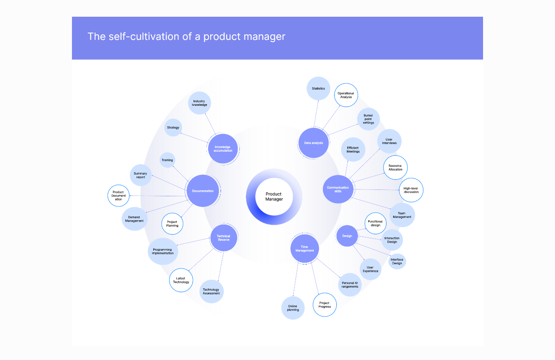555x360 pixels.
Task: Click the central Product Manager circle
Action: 274,197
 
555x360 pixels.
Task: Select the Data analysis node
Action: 313,143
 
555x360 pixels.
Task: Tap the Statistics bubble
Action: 318,88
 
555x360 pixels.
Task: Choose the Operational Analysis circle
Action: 346,95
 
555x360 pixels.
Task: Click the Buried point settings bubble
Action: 368,119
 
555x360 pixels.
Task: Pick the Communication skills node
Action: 338,189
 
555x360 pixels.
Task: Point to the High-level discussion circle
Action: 411,190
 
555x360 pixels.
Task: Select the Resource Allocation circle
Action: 395,168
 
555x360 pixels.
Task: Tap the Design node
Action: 347,236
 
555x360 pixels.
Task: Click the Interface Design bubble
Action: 397,261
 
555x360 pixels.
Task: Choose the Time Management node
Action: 304,249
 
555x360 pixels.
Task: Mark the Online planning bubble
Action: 293,308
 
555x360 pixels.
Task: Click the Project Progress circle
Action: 325,305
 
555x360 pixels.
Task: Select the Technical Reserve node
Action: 224,238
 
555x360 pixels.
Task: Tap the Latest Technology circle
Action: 181,280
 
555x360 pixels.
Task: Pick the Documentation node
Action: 203,191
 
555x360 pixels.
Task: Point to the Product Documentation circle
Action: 119,196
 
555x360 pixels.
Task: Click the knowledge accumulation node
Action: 223,149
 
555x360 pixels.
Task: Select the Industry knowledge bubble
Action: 200,103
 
